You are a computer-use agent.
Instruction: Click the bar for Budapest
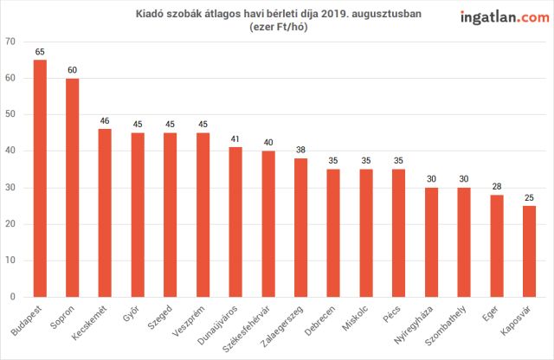(40, 178)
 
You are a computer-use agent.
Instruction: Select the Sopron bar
(73, 188)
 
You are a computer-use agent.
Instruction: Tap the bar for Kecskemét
(105, 213)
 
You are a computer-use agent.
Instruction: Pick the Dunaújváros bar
(235, 222)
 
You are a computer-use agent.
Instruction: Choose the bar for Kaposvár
(529, 252)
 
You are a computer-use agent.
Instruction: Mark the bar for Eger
(497, 246)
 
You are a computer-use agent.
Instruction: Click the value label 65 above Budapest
(40, 52)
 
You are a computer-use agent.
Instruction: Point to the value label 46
(105, 121)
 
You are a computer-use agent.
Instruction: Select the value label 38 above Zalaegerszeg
(300, 150)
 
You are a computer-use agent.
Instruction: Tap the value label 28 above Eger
(497, 187)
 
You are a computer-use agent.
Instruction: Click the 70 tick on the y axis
(10, 42)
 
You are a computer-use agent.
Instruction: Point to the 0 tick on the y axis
(13, 297)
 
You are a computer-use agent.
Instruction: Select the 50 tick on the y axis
(10, 114)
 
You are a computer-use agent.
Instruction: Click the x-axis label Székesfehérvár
(246, 329)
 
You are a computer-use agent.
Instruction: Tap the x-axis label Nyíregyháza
(414, 325)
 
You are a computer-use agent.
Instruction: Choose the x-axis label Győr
(131, 313)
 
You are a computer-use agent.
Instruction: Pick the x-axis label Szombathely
(446, 325)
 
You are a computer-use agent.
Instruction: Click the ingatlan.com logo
(505, 17)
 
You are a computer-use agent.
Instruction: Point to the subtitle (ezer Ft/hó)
(279, 27)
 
